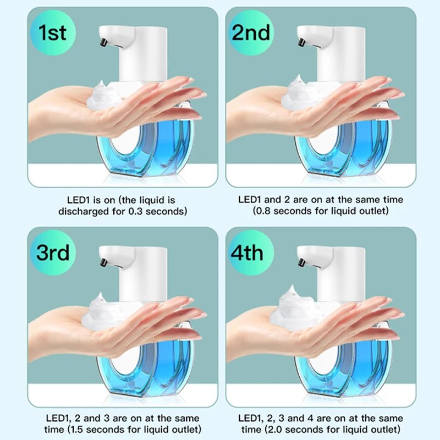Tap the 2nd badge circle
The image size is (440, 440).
251,33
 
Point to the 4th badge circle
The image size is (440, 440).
251,253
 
